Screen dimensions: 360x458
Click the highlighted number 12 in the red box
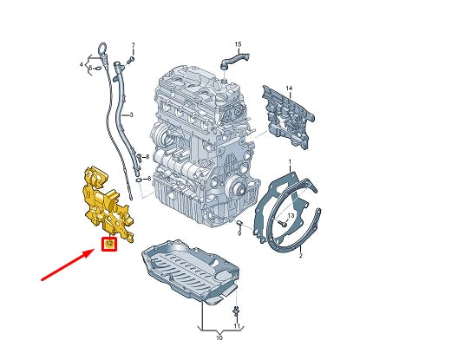point(109,245)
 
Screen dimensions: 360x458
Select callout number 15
point(238,43)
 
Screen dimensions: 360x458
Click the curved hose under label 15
point(232,60)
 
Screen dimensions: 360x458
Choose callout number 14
point(291,89)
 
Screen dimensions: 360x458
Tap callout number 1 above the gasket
point(291,161)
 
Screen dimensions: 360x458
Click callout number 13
point(291,214)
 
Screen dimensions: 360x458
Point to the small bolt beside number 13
point(282,222)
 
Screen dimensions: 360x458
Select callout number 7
point(133,43)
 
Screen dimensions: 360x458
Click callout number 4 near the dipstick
point(82,65)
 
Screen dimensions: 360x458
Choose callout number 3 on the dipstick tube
point(130,115)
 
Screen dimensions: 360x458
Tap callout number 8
point(148,157)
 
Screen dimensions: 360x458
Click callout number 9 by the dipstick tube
point(148,180)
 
